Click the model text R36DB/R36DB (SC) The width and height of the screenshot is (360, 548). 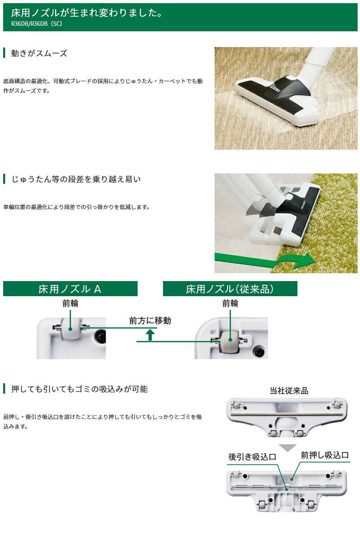(37, 24)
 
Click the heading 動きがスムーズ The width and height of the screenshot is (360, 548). (39, 53)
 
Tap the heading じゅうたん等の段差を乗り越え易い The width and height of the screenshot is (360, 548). (76, 179)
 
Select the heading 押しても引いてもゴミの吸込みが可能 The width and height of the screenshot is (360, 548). (80, 389)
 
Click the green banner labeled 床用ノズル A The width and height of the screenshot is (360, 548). (70, 289)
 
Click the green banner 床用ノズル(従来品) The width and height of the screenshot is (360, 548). (230, 289)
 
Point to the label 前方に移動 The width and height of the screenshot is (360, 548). (150, 320)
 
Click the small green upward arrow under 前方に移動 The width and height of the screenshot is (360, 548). (150, 335)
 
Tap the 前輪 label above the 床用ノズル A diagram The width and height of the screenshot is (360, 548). (70, 303)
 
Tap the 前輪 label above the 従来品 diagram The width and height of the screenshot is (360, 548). (230, 303)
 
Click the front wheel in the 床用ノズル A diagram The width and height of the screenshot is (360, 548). (71, 328)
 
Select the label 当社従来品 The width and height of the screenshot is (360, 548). (289, 391)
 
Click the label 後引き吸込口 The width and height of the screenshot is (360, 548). (252, 457)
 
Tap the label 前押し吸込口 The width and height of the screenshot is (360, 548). (325, 455)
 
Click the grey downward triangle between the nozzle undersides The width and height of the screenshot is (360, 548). (288, 448)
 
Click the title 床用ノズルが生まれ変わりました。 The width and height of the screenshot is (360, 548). (87, 13)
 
